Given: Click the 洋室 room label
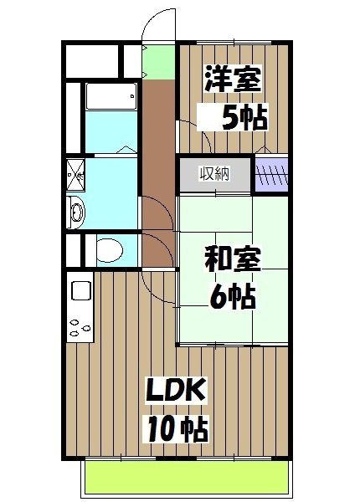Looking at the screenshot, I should [233, 81].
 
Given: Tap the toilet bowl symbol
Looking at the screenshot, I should [106, 248].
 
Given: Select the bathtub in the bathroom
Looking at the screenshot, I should [111, 99].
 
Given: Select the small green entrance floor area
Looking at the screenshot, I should [156, 59].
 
